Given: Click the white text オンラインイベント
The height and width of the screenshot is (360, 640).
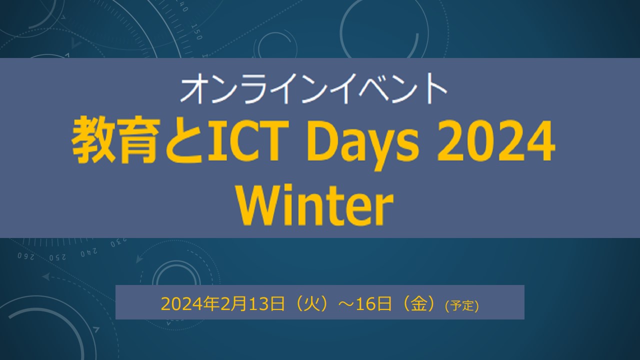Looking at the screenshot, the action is (x=313, y=88).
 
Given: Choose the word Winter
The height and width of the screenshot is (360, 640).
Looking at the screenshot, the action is (x=315, y=205).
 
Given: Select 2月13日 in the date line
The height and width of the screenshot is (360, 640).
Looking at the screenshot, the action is (x=252, y=304).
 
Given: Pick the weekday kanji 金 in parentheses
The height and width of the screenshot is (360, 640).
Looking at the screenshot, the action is (x=418, y=304).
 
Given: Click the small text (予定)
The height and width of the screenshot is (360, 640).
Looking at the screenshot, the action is (x=461, y=306).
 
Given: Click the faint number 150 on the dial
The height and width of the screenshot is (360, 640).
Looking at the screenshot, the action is (x=196, y=31).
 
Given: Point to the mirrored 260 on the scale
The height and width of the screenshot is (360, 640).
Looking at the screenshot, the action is (x=26, y=256).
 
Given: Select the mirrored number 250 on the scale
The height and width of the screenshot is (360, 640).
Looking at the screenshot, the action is (x=57, y=257).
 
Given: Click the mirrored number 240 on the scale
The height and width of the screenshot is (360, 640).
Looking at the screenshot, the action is (x=88, y=253).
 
